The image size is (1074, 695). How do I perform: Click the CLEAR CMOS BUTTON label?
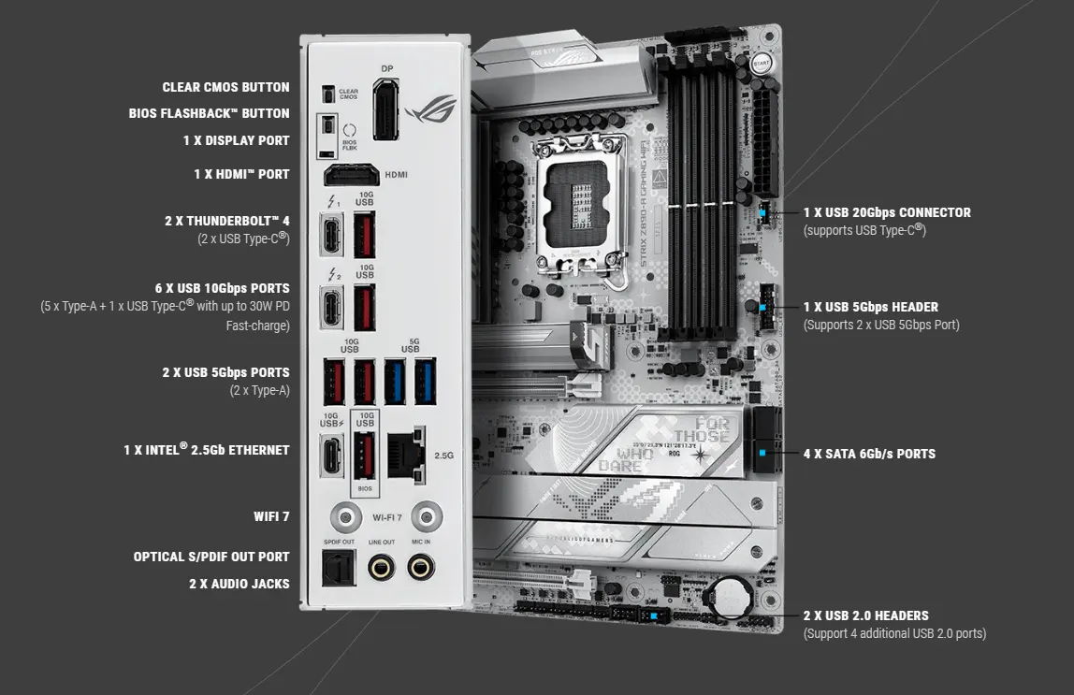225,87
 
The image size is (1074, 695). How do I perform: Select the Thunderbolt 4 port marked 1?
333,234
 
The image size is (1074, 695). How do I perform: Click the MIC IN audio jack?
420,566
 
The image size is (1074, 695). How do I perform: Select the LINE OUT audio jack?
381,566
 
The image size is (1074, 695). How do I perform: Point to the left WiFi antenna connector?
346,516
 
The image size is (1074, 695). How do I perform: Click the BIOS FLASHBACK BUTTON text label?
209,113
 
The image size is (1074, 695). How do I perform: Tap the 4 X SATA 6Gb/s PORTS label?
869,454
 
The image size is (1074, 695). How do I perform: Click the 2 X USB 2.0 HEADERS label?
865,615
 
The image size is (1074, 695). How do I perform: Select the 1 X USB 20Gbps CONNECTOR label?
887,212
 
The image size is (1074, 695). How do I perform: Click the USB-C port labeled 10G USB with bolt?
333,453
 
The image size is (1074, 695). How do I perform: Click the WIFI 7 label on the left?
271,515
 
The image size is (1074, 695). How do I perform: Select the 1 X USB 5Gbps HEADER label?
870,307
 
